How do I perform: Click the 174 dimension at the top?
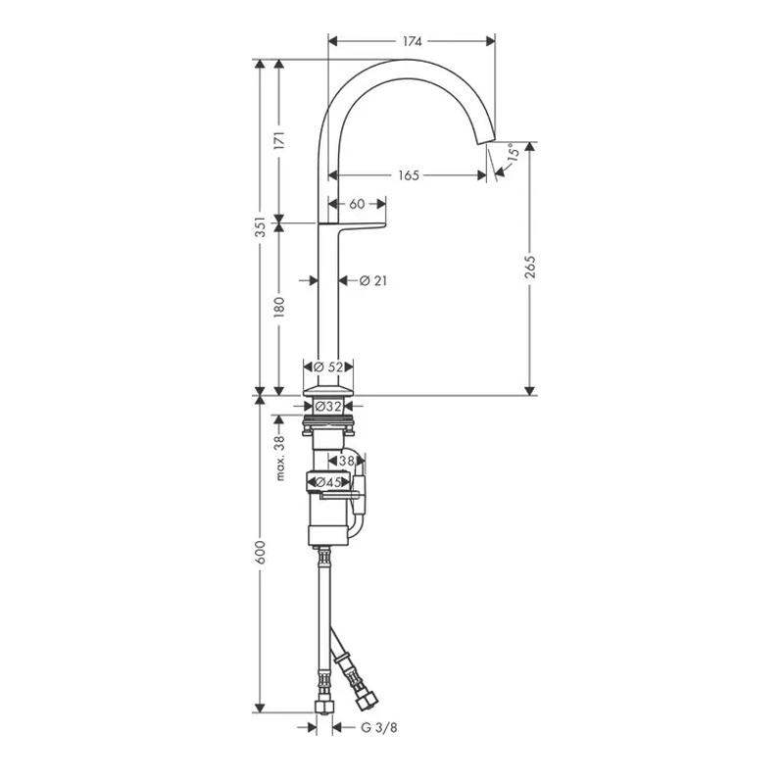[x=412, y=41]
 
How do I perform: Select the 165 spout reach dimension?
[x=409, y=175]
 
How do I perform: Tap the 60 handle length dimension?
[x=357, y=204]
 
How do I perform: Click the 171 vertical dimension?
[x=279, y=140]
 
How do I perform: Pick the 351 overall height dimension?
[x=260, y=227]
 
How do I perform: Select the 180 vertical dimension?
[x=279, y=307]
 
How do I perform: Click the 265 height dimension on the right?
[x=530, y=267]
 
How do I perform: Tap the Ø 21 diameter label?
[x=373, y=281]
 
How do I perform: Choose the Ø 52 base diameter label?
[x=328, y=367]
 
